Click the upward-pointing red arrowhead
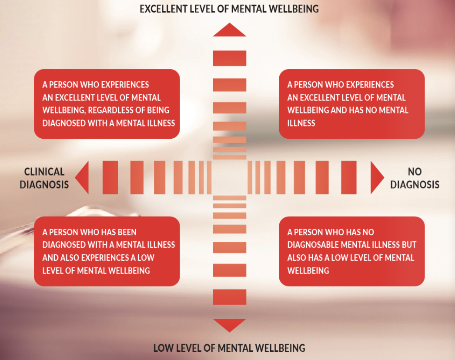(230, 30)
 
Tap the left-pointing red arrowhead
(82, 177)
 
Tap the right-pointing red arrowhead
(377, 177)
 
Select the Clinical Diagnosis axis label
(44, 178)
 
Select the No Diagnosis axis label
(415, 178)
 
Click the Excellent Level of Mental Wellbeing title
(229, 9)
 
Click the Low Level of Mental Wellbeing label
(229, 348)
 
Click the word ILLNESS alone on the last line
(301, 123)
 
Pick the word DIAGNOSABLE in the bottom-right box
(313, 245)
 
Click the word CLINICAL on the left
(44, 172)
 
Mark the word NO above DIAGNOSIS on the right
(415, 172)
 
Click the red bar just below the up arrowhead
(230, 58)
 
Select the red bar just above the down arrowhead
(230, 297)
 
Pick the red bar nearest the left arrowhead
(110, 177)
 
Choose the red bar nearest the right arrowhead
(349, 177)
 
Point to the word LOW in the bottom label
(163, 348)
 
